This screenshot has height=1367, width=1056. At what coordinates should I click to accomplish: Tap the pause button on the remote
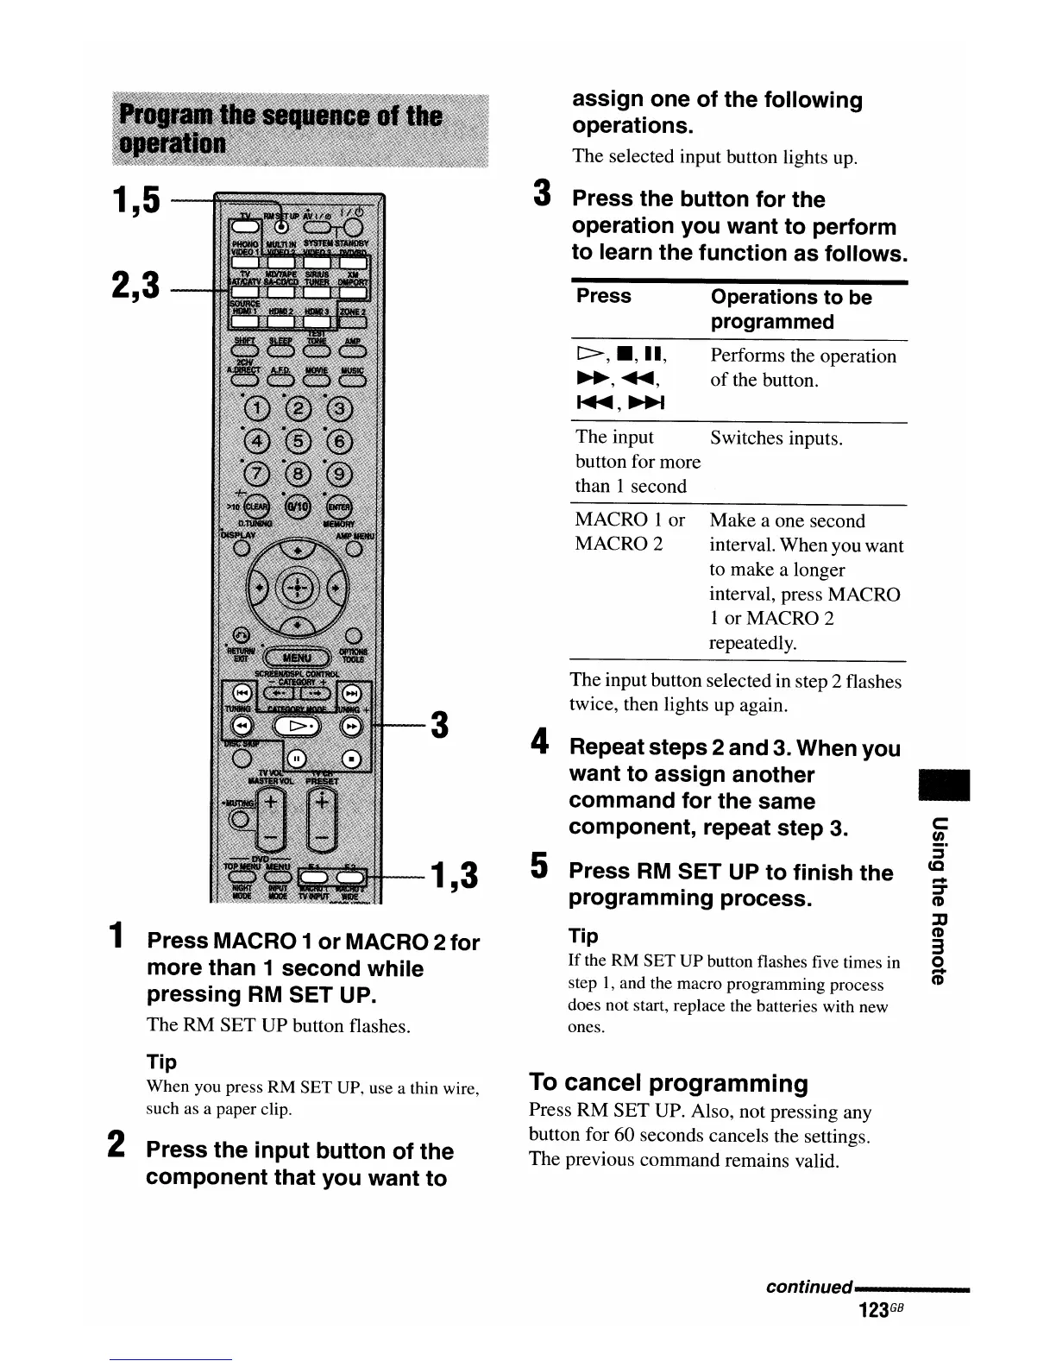294,759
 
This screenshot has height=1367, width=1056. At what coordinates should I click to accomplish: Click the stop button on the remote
351,759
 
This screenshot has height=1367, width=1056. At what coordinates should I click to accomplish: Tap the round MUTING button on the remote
242,818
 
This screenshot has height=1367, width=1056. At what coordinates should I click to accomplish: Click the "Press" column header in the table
603,296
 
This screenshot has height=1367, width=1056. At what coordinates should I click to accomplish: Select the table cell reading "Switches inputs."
776,438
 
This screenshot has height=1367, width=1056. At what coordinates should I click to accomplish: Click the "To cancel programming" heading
669,1083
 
